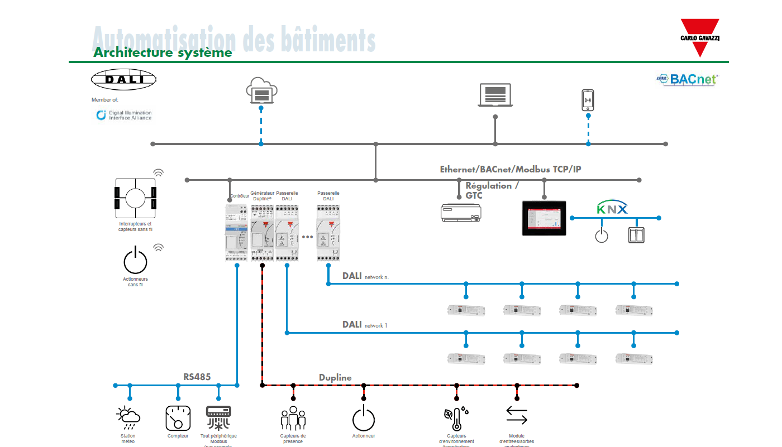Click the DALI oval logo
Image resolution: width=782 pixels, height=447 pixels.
click(125, 79)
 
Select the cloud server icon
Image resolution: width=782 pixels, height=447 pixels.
click(261, 91)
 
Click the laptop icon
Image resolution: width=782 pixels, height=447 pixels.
click(495, 95)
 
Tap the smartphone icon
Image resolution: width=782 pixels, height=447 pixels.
click(588, 100)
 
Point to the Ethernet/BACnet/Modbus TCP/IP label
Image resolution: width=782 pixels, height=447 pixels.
click(510, 169)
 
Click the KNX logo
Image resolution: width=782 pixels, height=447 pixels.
click(612, 209)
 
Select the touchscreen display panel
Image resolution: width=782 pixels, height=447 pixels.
click(544, 218)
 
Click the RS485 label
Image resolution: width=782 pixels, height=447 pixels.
click(197, 377)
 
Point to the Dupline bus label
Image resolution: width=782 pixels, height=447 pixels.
click(335, 378)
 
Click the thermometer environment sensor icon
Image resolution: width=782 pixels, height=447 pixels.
click(456, 419)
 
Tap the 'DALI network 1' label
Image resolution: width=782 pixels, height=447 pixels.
click(364, 325)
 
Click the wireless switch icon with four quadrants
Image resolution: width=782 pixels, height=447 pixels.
click(135, 198)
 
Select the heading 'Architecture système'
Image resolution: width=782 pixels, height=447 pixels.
click(163, 53)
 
